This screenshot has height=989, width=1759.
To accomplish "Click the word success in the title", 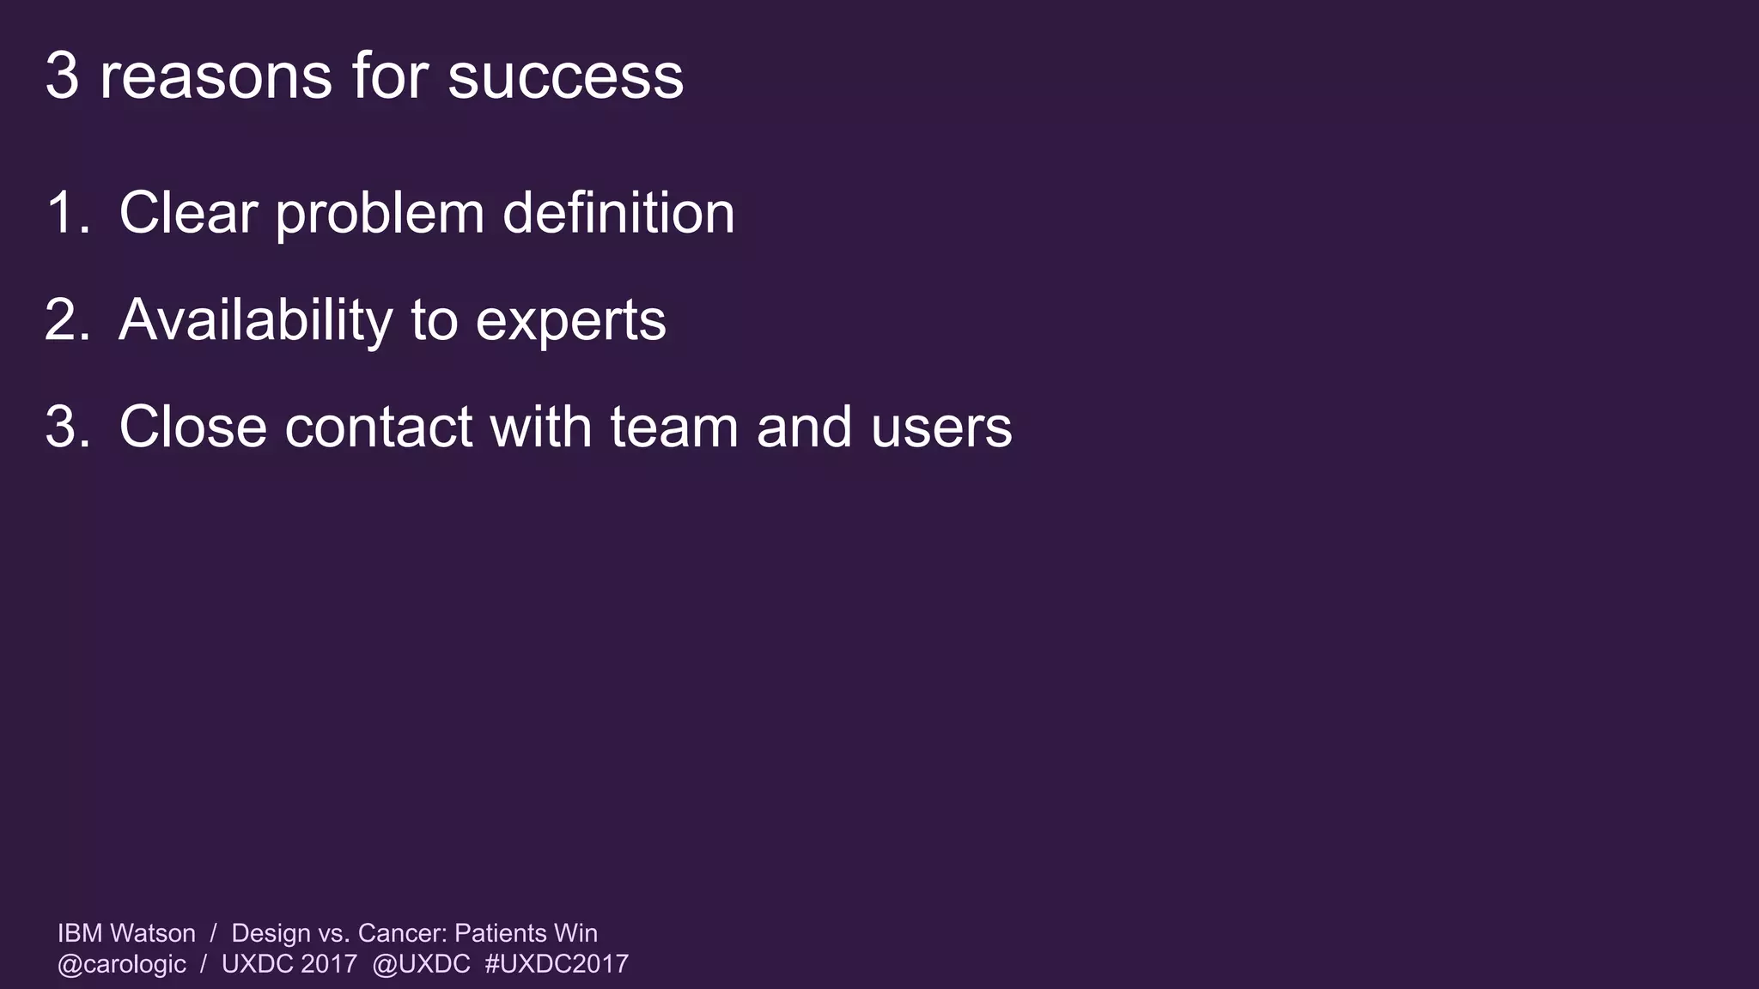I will (565, 76).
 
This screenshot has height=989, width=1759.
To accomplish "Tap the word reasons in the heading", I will (216, 76).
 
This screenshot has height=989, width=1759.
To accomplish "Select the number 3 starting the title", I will (62, 76).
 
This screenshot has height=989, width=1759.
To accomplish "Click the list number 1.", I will (67, 213).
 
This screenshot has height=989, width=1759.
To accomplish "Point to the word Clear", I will (188, 213).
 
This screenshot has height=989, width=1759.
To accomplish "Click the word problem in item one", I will (380, 215).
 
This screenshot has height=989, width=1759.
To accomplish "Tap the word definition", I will (618, 213).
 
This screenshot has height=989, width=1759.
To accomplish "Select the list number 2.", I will (67, 320).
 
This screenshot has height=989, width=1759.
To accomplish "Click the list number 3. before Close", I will (67, 427).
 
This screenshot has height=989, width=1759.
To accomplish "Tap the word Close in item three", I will (192, 427).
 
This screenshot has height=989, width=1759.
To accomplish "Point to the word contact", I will (378, 427).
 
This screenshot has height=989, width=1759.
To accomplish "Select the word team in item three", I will (674, 427).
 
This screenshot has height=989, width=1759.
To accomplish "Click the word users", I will (941, 428).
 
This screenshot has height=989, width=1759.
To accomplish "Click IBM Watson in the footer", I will (126, 933).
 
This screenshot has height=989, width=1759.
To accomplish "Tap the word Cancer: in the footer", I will (402, 933).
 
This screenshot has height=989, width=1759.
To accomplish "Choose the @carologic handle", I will (121, 964).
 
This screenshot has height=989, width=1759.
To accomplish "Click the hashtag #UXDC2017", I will (557, 964).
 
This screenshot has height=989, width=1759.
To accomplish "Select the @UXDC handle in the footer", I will (421, 964).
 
